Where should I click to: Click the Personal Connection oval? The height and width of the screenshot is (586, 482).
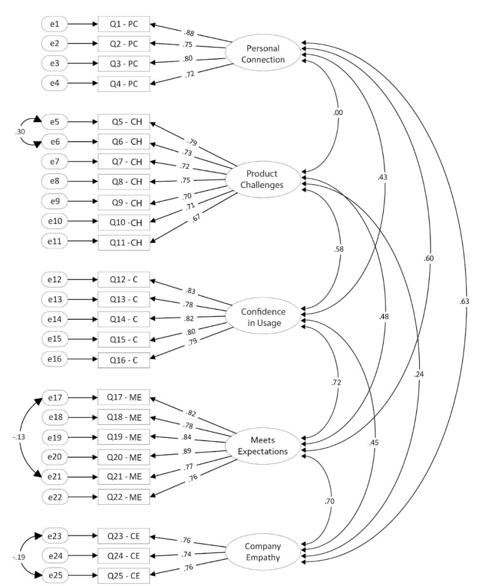(263, 54)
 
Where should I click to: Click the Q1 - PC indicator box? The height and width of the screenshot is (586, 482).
(124, 24)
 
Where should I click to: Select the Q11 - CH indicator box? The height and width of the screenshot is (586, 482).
(124, 242)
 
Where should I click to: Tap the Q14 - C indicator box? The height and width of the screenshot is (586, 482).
(124, 319)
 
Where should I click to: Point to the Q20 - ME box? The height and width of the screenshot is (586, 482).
(124, 456)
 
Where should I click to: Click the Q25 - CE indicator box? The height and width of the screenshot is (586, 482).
(124, 575)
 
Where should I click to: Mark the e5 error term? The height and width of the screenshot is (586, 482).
(55, 122)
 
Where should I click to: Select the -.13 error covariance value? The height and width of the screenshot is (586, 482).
(18, 437)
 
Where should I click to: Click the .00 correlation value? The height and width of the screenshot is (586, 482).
(338, 113)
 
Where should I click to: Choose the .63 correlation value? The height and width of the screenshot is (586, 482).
(464, 301)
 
